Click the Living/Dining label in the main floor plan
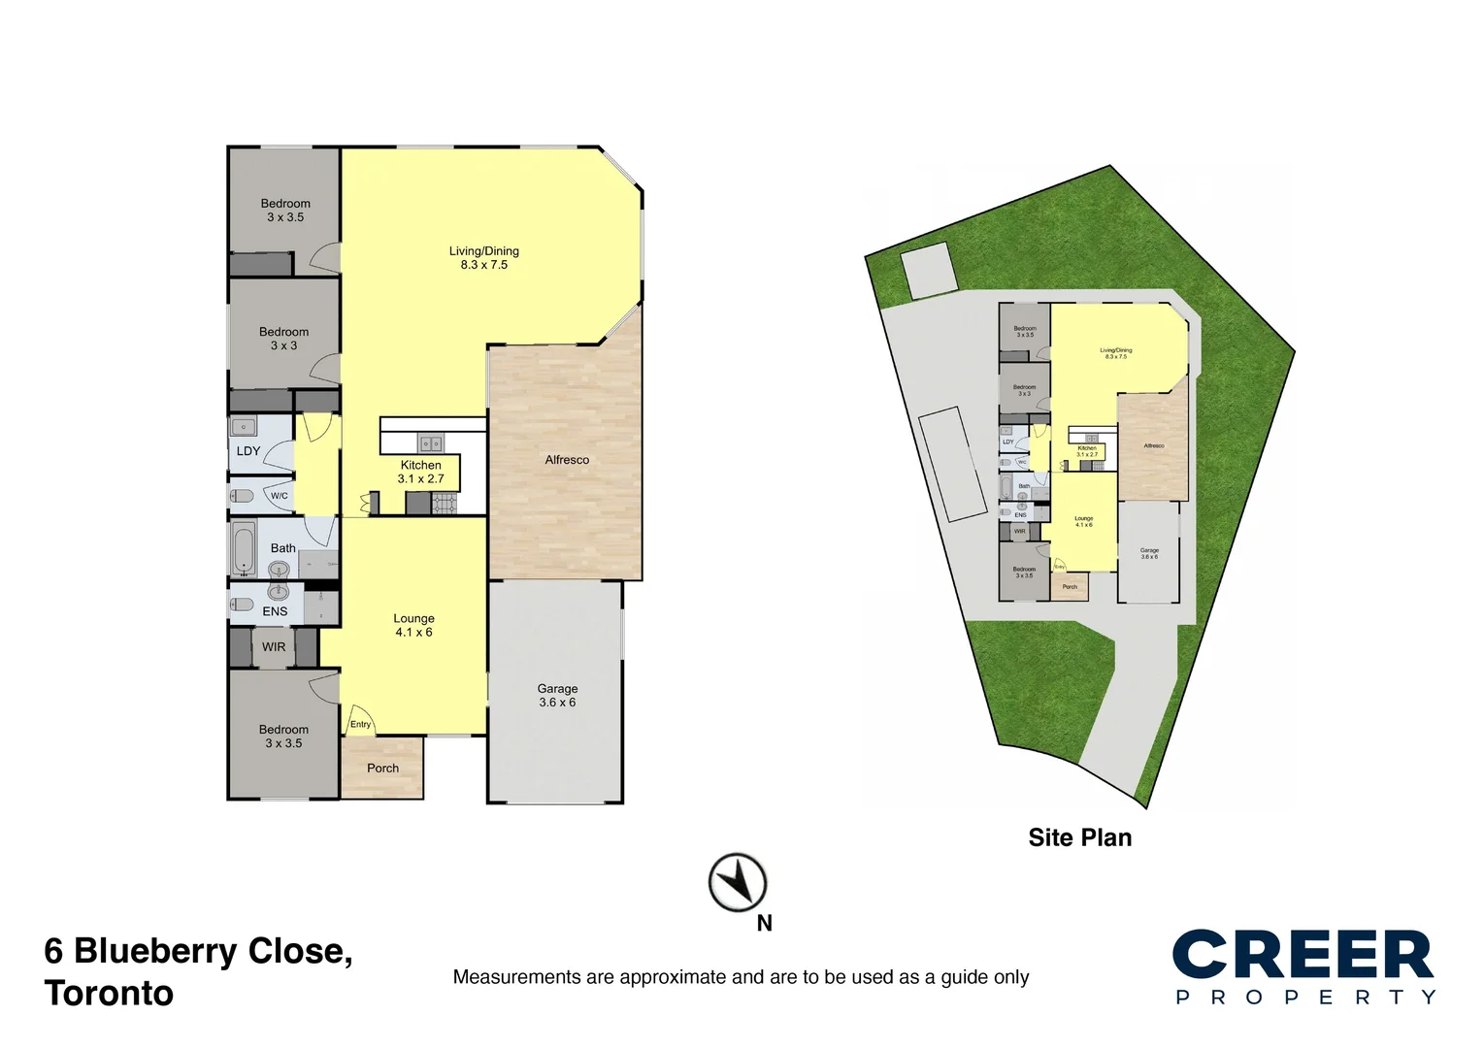[x=483, y=257]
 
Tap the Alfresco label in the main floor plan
[x=567, y=460]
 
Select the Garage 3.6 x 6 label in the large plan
[x=557, y=696]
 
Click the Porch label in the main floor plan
[x=382, y=769]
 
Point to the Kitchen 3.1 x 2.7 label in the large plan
[x=420, y=472]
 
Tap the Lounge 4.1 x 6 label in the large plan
[x=413, y=625]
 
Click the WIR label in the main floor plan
[x=274, y=647]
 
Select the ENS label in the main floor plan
[x=275, y=611]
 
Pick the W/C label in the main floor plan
[x=280, y=496]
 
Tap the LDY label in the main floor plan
[x=248, y=451]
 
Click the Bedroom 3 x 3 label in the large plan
[x=283, y=339]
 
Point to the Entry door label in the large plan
[x=360, y=724]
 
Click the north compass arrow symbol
[x=738, y=883]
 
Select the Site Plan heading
[x=1079, y=837]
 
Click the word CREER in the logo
[x=1303, y=956]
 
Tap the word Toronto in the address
[x=109, y=994]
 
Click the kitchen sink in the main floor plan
[x=430, y=443]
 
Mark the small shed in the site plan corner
[x=928, y=271]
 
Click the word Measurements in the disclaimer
[x=516, y=977]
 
